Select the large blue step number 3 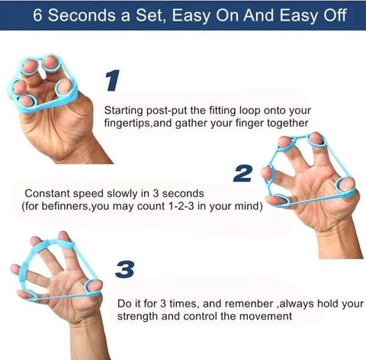pos(127,269)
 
